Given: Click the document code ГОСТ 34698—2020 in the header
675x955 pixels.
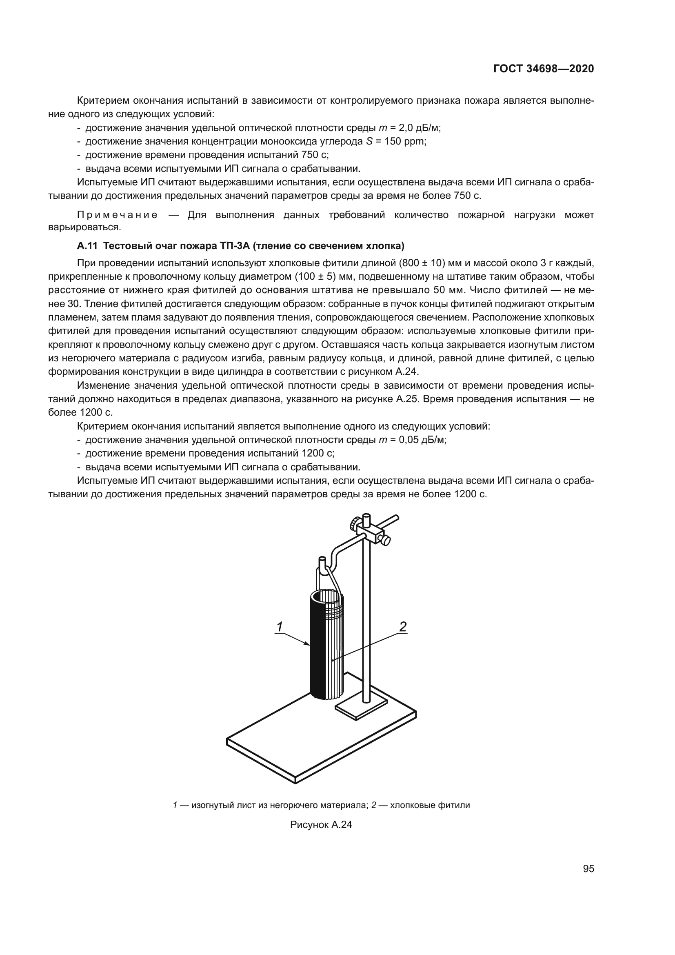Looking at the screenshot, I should coord(543,69).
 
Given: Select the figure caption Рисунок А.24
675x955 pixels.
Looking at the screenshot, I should coord(321,825).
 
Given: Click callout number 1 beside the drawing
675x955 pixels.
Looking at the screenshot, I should coord(280,626).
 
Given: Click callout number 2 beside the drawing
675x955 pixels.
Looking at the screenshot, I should coord(402,626).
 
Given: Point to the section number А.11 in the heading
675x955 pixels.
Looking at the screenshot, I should coord(87,246).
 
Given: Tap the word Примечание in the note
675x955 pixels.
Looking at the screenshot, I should coord(118,215).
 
